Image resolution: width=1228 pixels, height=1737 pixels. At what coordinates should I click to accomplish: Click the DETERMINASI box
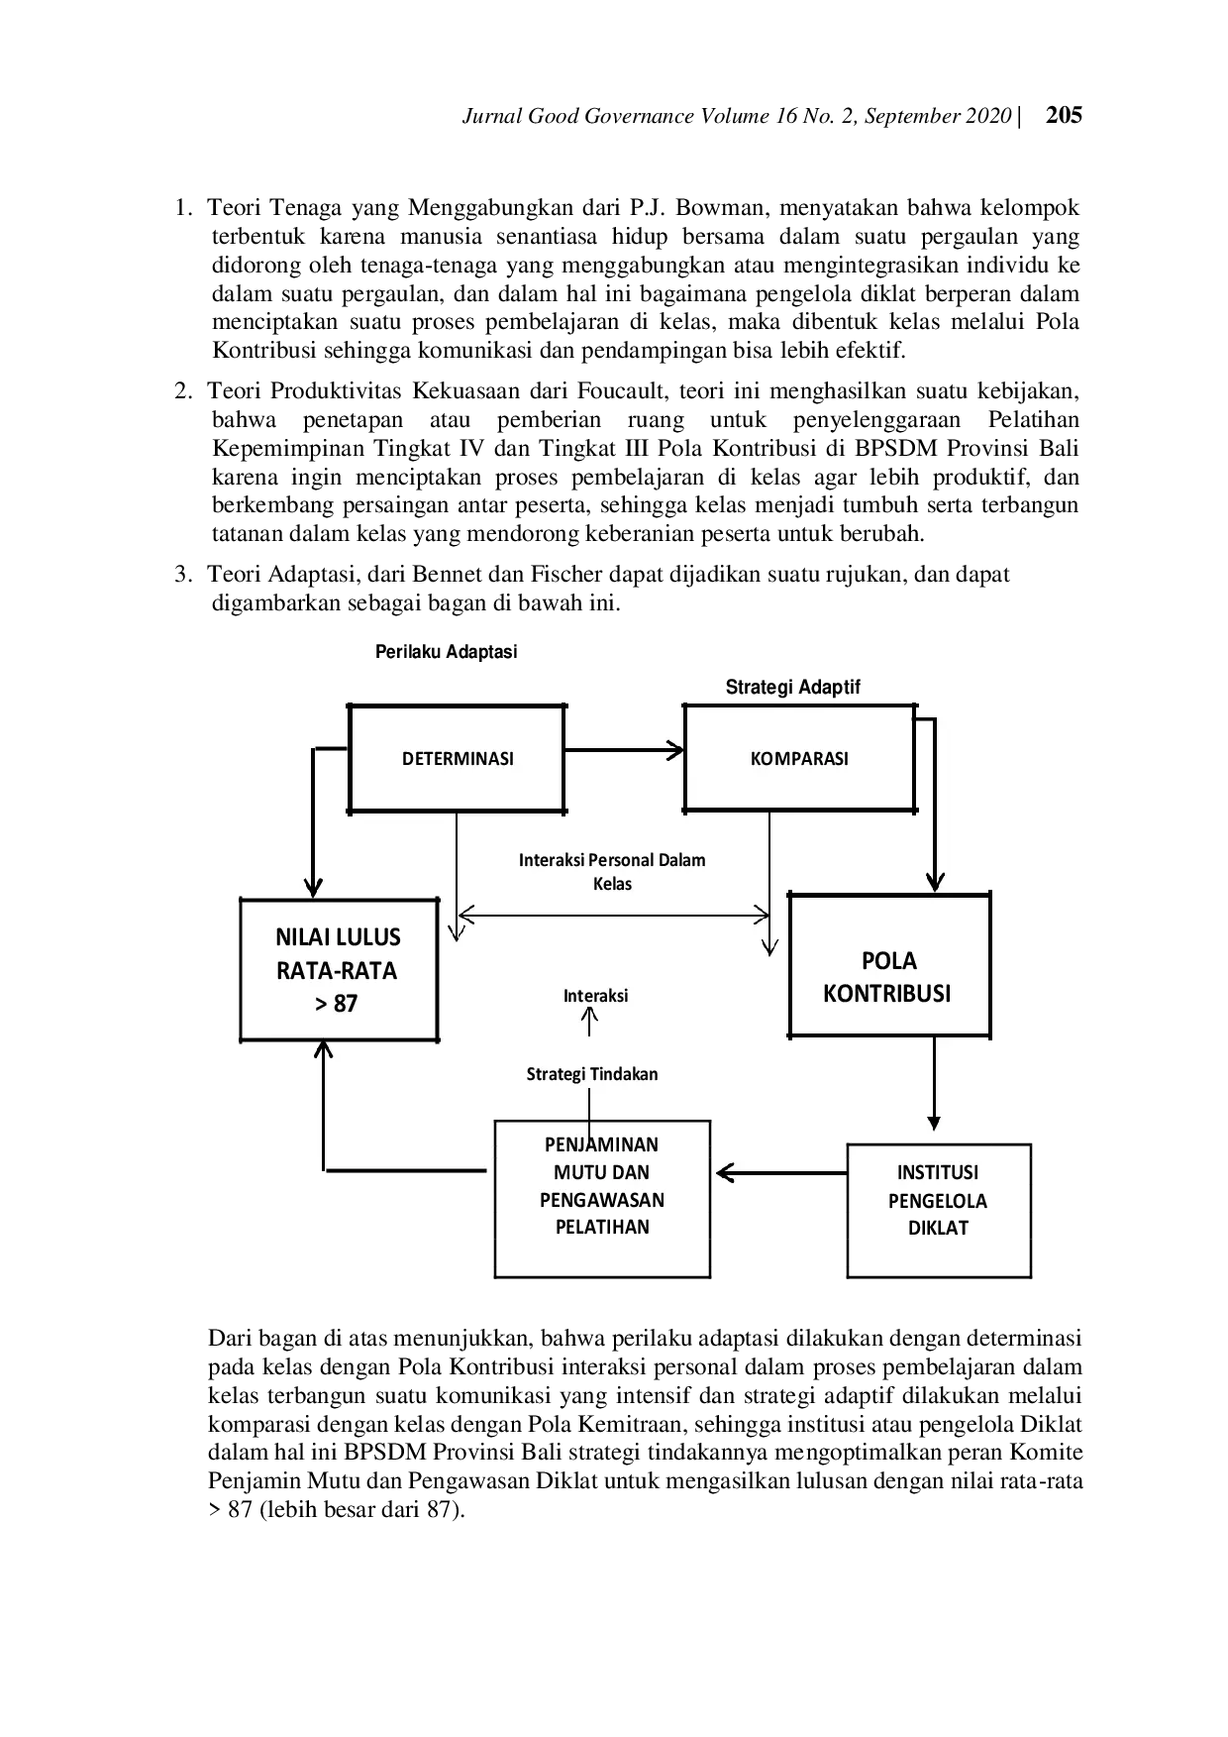tap(457, 758)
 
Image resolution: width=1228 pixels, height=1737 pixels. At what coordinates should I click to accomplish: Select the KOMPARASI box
tap(798, 758)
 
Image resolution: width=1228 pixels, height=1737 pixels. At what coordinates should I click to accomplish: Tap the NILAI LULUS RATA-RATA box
tap(338, 969)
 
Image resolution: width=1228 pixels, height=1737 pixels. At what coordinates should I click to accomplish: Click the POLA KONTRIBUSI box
tap(888, 976)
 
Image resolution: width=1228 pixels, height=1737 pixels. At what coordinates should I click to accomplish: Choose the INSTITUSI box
tap(937, 1173)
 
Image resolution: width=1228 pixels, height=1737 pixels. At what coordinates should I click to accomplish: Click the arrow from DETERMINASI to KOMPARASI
tap(624, 750)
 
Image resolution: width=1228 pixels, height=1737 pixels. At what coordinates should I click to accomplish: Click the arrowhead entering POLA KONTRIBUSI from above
tap(934, 882)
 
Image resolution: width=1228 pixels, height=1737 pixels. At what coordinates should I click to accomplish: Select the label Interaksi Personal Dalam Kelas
tap(612, 871)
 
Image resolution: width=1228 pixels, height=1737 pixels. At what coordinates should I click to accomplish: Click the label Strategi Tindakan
tap(591, 1074)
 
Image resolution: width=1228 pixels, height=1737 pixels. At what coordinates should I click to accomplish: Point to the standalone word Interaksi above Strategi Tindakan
tap(595, 996)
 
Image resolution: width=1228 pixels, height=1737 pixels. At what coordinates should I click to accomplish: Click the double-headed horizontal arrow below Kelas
tap(613, 915)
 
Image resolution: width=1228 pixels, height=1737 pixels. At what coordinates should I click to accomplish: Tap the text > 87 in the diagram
tap(337, 1004)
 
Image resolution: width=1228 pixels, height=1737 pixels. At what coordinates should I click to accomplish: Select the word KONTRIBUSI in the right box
tap(886, 994)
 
